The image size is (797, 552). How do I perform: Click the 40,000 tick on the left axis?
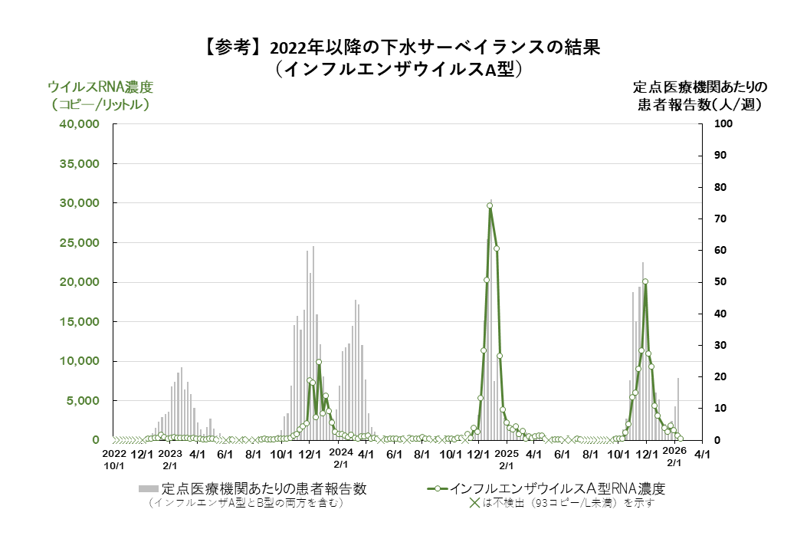pos(80,124)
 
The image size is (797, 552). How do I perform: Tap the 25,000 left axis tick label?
pos(80,243)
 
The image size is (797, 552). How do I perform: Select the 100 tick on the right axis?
pos(724,124)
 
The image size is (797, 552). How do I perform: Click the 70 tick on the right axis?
pos(721,219)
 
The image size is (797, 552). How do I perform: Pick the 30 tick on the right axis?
pos(721,346)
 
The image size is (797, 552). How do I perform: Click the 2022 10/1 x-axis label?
pos(113,459)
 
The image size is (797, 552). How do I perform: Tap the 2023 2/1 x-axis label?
pos(169,459)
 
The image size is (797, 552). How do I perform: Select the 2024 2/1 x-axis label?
pos(340,459)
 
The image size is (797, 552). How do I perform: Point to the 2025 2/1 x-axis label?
pos(507,459)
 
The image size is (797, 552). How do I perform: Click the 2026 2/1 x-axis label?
pos(674,459)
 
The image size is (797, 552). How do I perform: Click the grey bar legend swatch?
pos(148,488)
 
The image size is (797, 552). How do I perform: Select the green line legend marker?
pos(436,488)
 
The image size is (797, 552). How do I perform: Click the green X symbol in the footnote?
pos(474,504)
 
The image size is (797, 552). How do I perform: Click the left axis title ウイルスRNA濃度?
pos(100,86)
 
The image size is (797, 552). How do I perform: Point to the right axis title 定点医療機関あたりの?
pos(700,86)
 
